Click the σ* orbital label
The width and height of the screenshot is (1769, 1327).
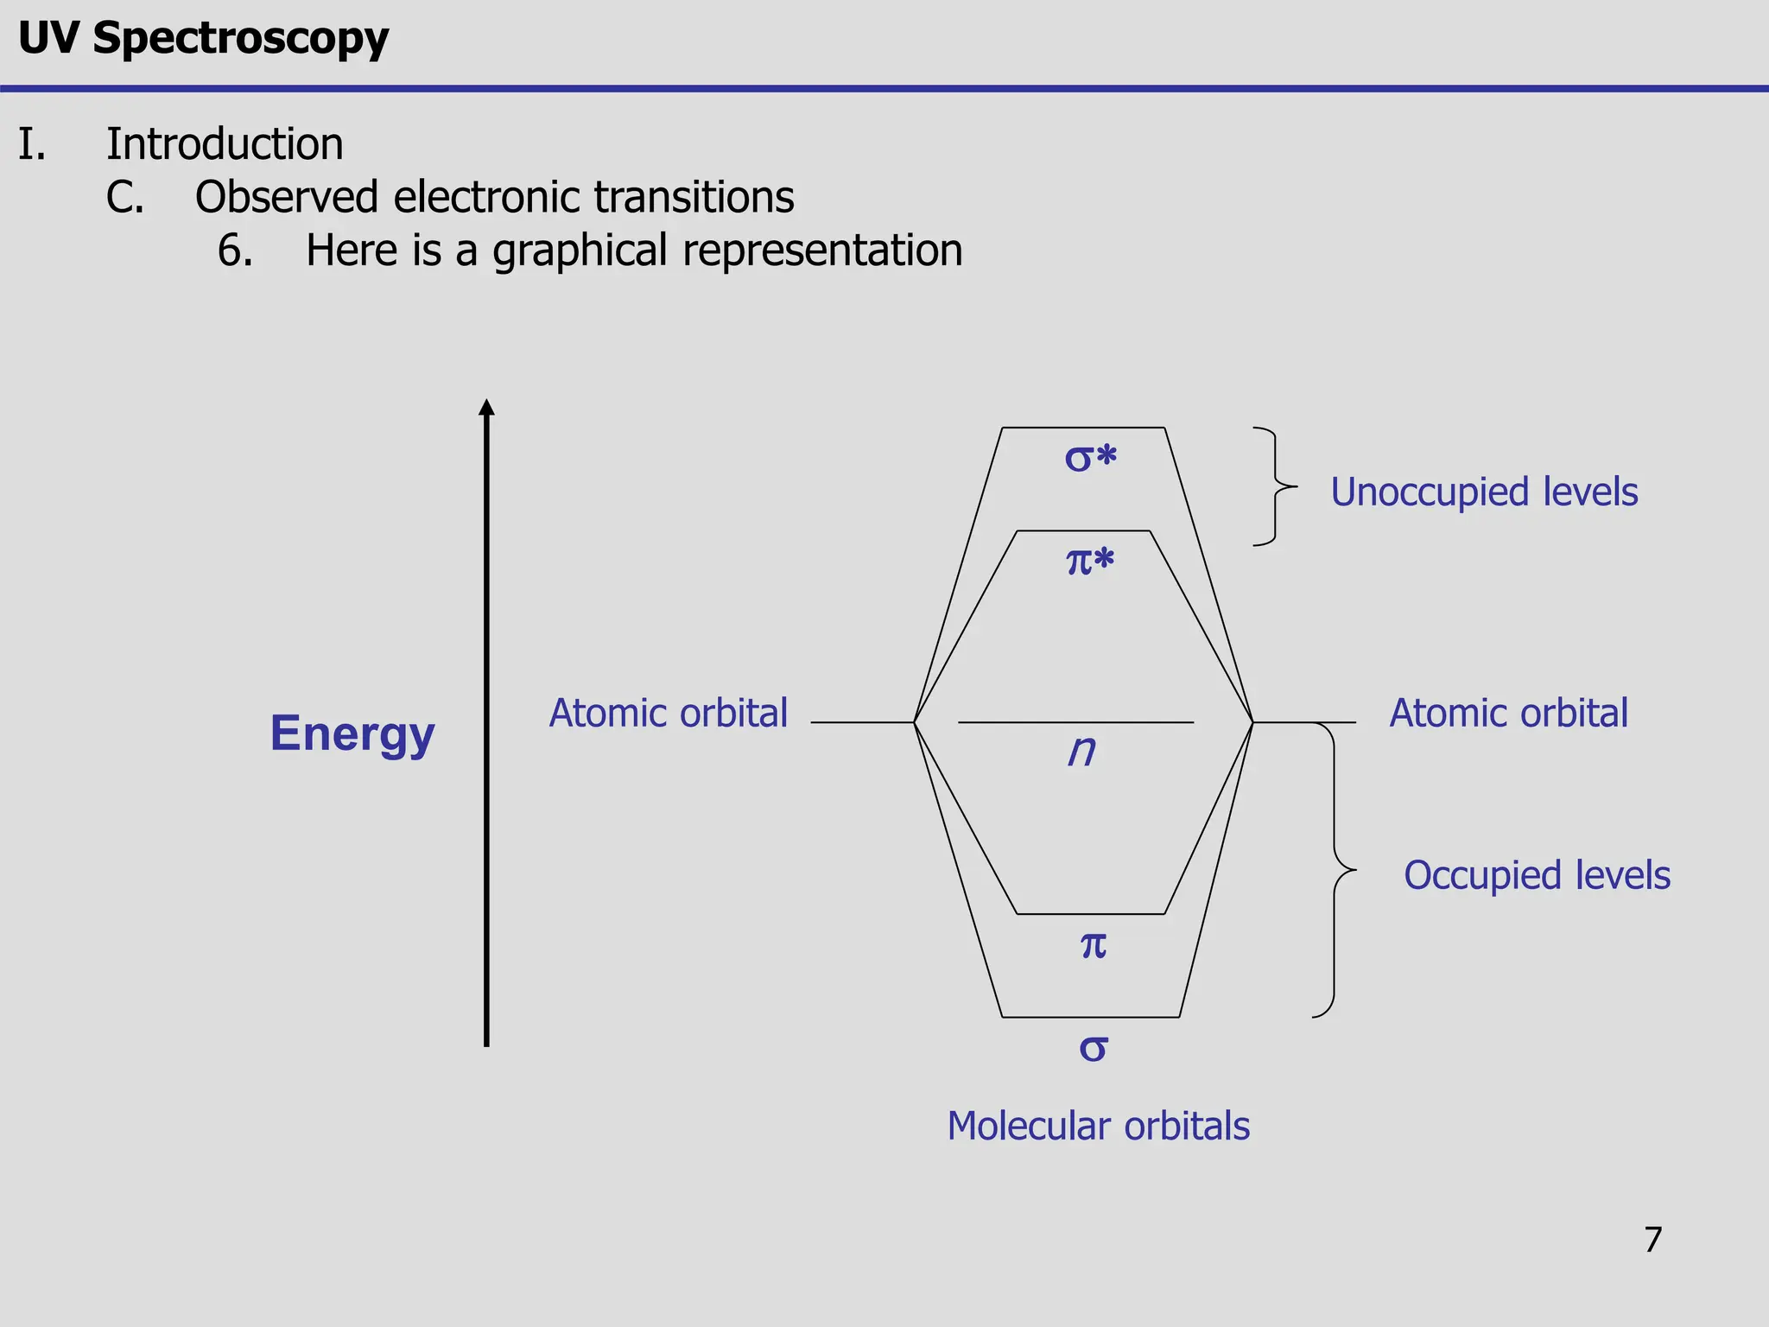(1090, 458)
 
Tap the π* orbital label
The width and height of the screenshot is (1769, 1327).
(1090, 562)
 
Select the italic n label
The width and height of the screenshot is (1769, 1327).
(1081, 751)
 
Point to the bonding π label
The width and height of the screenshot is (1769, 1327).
(1094, 945)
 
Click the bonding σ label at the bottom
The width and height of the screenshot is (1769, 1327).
(1094, 1049)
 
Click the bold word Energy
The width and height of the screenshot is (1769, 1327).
(352, 734)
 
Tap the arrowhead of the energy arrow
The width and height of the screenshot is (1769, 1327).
(486, 408)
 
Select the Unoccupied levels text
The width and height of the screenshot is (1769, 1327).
(1484, 492)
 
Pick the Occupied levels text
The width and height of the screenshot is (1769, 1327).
(1537, 876)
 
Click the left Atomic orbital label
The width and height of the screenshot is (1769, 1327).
(669, 714)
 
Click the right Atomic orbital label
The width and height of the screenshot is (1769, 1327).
(1508, 714)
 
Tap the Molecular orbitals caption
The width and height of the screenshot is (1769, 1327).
(1098, 1127)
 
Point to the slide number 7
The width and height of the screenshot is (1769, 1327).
(1652, 1240)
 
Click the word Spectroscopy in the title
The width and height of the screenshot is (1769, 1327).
(240, 40)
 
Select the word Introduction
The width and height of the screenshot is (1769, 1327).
(225, 144)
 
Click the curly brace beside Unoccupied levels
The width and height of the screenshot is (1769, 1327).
(1276, 486)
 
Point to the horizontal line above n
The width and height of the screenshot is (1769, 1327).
(1075, 722)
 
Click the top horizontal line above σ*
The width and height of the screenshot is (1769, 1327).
(1083, 428)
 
